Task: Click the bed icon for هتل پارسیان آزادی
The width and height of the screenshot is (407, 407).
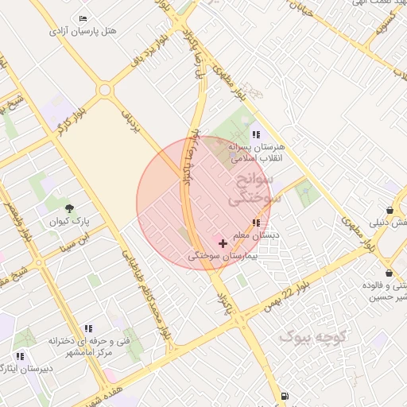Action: pos(83,17)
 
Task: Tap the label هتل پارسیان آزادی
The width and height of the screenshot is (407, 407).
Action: pos(83,31)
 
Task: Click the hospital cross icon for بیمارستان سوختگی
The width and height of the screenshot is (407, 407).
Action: pos(223,242)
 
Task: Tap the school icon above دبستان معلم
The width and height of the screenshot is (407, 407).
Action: pos(255,223)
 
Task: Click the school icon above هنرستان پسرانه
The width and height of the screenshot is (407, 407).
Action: pos(255,134)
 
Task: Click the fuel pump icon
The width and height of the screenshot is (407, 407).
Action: pos(285,395)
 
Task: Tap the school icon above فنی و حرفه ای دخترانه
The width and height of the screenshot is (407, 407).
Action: pos(88,328)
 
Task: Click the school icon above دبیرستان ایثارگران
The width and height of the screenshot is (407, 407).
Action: pos(20,356)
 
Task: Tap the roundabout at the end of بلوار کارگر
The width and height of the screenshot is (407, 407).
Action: pos(104,90)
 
